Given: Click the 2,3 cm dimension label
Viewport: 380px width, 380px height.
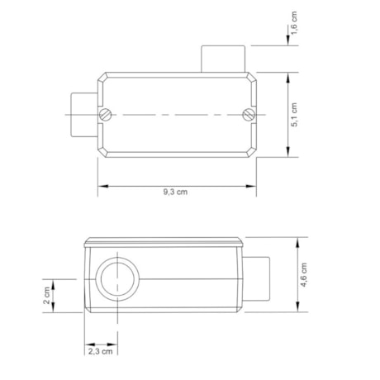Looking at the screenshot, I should click(100, 351).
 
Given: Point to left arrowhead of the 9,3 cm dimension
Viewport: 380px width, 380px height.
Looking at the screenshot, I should click(101, 185).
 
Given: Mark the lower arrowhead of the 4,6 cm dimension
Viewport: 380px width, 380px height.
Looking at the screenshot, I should click(297, 309).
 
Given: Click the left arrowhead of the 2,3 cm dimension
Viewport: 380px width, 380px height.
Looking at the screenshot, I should click(88, 343).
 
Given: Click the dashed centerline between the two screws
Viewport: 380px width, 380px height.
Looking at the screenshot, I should click(176, 114).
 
